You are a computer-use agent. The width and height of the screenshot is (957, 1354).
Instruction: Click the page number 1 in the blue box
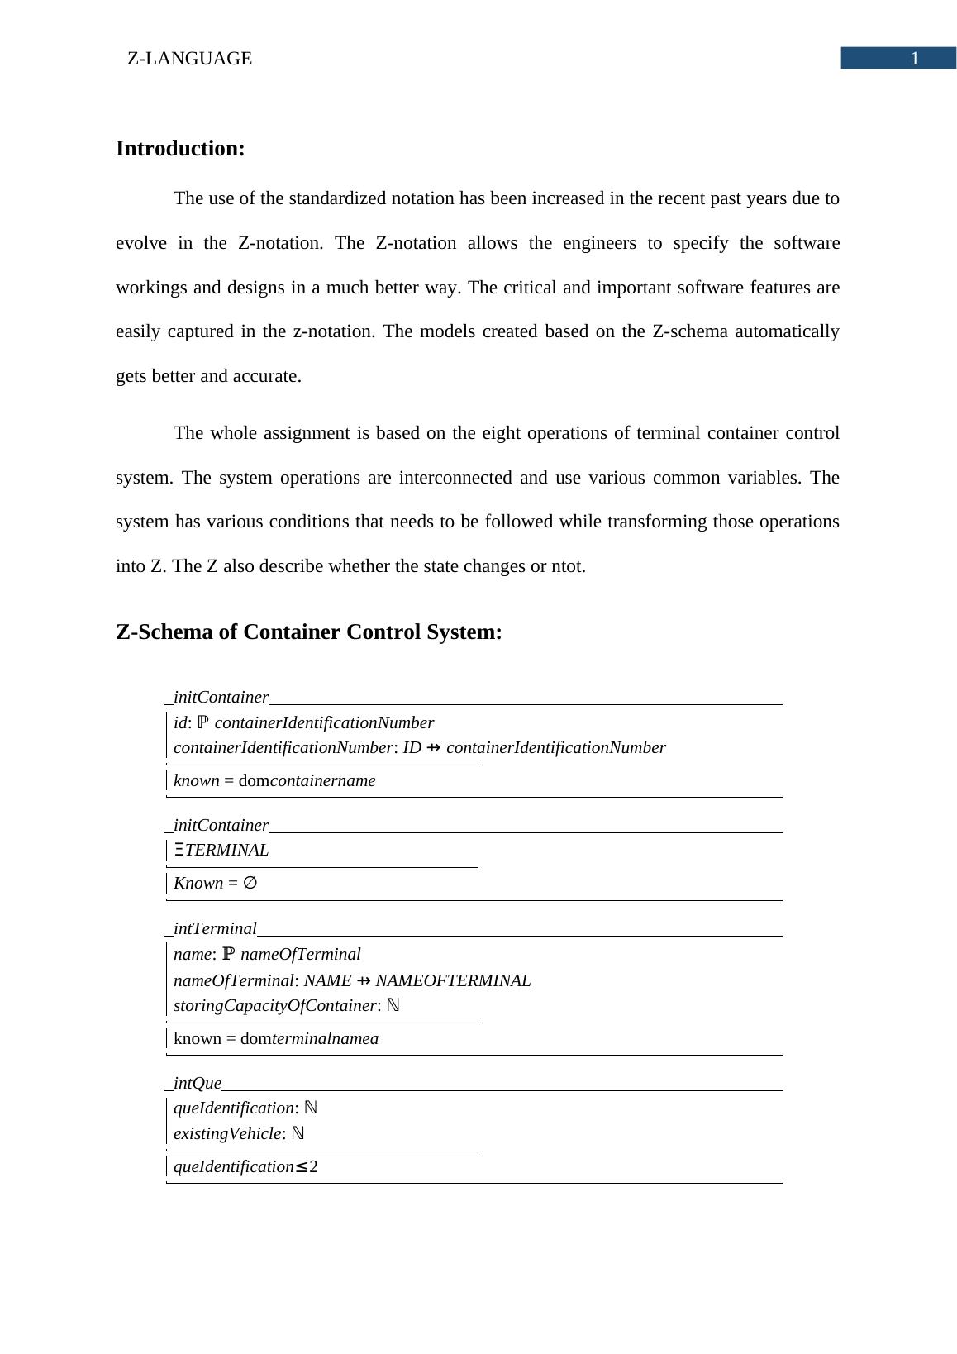(x=914, y=59)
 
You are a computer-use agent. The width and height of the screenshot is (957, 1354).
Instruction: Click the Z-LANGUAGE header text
(x=189, y=59)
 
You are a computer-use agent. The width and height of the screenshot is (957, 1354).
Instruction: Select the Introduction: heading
(x=180, y=149)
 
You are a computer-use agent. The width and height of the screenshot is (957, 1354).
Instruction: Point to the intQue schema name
(x=198, y=1083)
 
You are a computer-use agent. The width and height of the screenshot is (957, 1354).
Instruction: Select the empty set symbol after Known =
(x=250, y=883)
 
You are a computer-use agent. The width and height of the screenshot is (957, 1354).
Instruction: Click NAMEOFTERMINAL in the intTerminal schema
(x=453, y=980)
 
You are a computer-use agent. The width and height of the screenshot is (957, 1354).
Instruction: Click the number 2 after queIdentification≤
(x=314, y=1166)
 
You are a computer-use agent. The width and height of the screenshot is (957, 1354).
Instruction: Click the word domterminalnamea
(x=309, y=1038)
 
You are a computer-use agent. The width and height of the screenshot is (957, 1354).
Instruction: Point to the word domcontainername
(x=307, y=780)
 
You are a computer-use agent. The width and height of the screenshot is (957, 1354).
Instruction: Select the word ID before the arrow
(x=412, y=747)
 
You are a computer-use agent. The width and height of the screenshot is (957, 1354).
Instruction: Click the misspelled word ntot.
(x=568, y=566)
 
